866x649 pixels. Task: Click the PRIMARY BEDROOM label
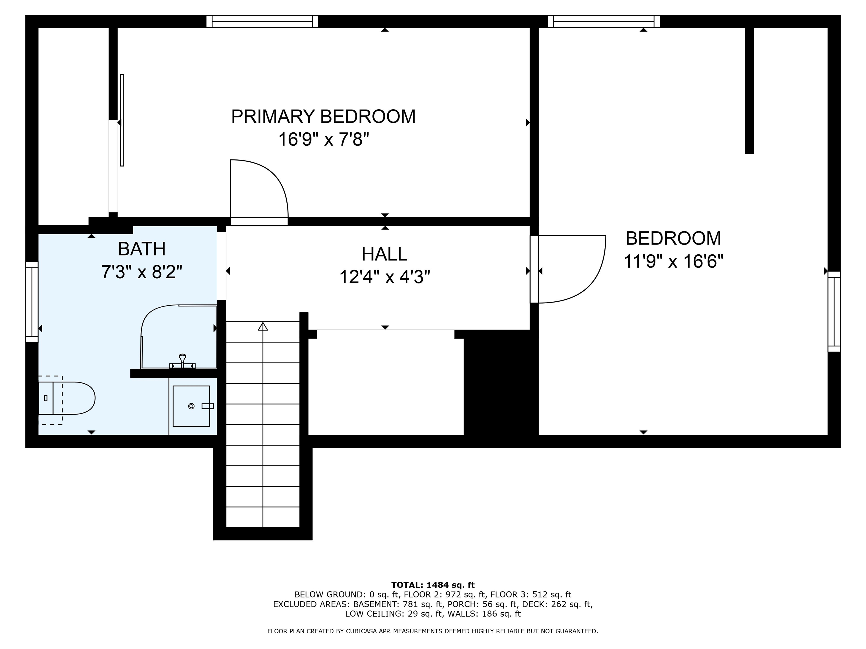coord(323,117)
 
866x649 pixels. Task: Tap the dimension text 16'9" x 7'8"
coord(323,139)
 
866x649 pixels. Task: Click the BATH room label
coord(142,249)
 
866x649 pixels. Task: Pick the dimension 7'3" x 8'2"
coord(142,272)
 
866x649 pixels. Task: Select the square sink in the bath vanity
coord(191,406)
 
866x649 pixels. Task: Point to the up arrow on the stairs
coord(263,326)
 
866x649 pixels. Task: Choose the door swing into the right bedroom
coord(583,282)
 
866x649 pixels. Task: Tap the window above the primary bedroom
coord(262,21)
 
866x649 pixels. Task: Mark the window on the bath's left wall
coord(32,302)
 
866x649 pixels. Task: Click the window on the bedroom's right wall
coord(834,311)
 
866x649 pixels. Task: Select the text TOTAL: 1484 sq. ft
coord(433,585)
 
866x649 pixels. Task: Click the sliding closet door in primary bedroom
coord(122,120)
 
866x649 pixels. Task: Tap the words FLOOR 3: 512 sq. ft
coord(531,595)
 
